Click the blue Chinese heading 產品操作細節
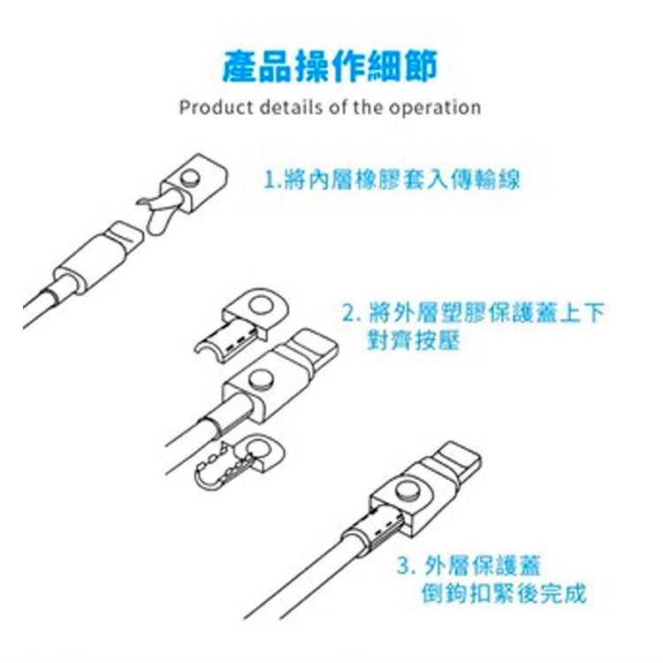pyautogui.click(x=330, y=66)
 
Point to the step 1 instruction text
pyautogui.click(x=392, y=179)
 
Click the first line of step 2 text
pyautogui.click(x=474, y=312)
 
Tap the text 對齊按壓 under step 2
pyautogui.click(x=413, y=340)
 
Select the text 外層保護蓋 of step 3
pyautogui.click(x=482, y=566)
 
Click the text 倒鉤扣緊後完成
pyautogui.click(x=504, y=593)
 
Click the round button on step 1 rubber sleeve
pyautogui.click(x=190, y=178)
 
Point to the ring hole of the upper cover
pyautogui.click(x=261, y=305)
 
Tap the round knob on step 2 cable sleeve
pyautogui.click(x=261, y=380)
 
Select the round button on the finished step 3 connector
pyautogui.click(x=408, y=490)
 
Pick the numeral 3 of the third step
pyautogui.click(x=404, y=566)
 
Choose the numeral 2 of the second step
pyautogui.click(x=348, y=313)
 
